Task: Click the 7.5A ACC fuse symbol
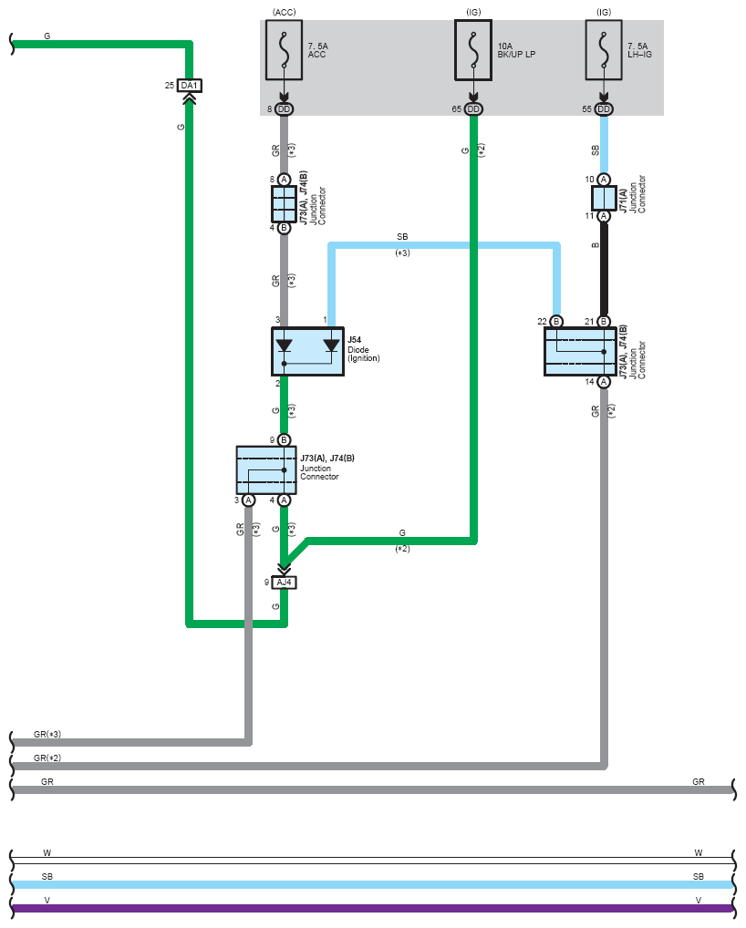pos(285,50)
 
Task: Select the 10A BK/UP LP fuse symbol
pos(473,50)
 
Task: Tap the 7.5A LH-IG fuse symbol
pos(604,50)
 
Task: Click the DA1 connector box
pos(190,86)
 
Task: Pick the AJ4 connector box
pos(285,583)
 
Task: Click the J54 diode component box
pos(308,352)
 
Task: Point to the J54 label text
pos(354,340)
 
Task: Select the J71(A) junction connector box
pos(604,198)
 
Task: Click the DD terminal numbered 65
pos(473,108)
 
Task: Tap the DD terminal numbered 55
pos(604,108)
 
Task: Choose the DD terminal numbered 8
pos(285,108)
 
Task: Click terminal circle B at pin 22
pos(556,322)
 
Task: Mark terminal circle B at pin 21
pos(604,322)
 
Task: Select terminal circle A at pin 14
pos(604,382)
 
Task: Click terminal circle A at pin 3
pos(249,500)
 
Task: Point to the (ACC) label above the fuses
pos(285,12)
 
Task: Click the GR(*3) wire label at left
pos(47,734)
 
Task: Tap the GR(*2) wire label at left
pos(47,758)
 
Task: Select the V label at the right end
pos(699,900)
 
